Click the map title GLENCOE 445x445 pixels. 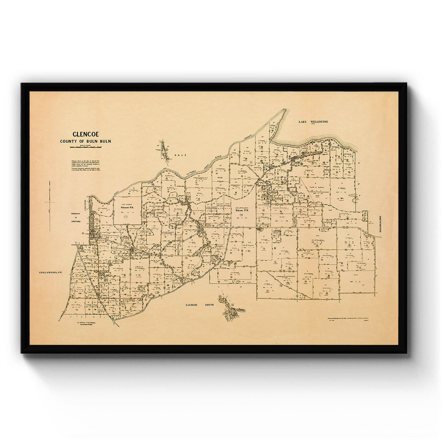(x=86, y=134)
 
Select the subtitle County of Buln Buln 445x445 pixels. (x=86, y=141)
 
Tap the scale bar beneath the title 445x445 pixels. (x=86, y=148)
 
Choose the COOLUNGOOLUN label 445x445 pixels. (x=52, y=273)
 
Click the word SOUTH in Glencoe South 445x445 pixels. (x=208, y=305)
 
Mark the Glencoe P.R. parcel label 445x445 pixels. (x=127, y=208)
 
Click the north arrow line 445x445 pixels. (x=50, y=206)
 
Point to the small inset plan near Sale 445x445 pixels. (x=163, y=150)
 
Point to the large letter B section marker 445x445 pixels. (x=275, y=248)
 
